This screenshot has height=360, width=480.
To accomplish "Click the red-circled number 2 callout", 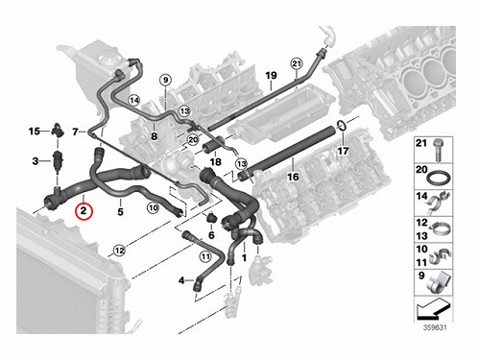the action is coord(84,211).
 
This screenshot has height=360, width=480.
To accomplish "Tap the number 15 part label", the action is coord(35,132).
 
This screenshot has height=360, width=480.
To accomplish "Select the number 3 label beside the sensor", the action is coord(36,160).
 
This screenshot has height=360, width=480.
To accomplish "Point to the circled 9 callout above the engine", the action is coord(165,80).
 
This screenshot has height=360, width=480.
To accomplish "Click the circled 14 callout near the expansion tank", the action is coord(134,101).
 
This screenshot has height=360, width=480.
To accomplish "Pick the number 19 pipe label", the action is coord(271,76).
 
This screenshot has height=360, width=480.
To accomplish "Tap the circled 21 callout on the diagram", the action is coord(297,63).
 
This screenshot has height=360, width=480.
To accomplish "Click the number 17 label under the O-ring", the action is coord(343,151).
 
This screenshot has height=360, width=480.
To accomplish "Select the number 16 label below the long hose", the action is coord(293,177).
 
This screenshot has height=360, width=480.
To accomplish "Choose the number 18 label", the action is coord(215,162).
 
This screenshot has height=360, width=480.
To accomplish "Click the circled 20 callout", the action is coord(193,139).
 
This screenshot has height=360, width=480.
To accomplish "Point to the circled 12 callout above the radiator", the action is coord(119,251).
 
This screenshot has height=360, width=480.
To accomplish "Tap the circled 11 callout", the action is coord(205,256).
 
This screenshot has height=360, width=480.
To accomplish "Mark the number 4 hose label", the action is coord(181,280).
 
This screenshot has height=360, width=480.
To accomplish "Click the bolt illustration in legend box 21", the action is coord(438,151).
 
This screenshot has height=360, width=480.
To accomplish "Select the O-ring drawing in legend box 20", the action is coord(438,178).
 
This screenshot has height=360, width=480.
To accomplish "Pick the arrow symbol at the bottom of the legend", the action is coord(433,309).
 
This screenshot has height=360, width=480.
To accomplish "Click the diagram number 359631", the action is coord(435,327).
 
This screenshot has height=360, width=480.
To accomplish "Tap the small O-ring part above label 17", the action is coord(342,126).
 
